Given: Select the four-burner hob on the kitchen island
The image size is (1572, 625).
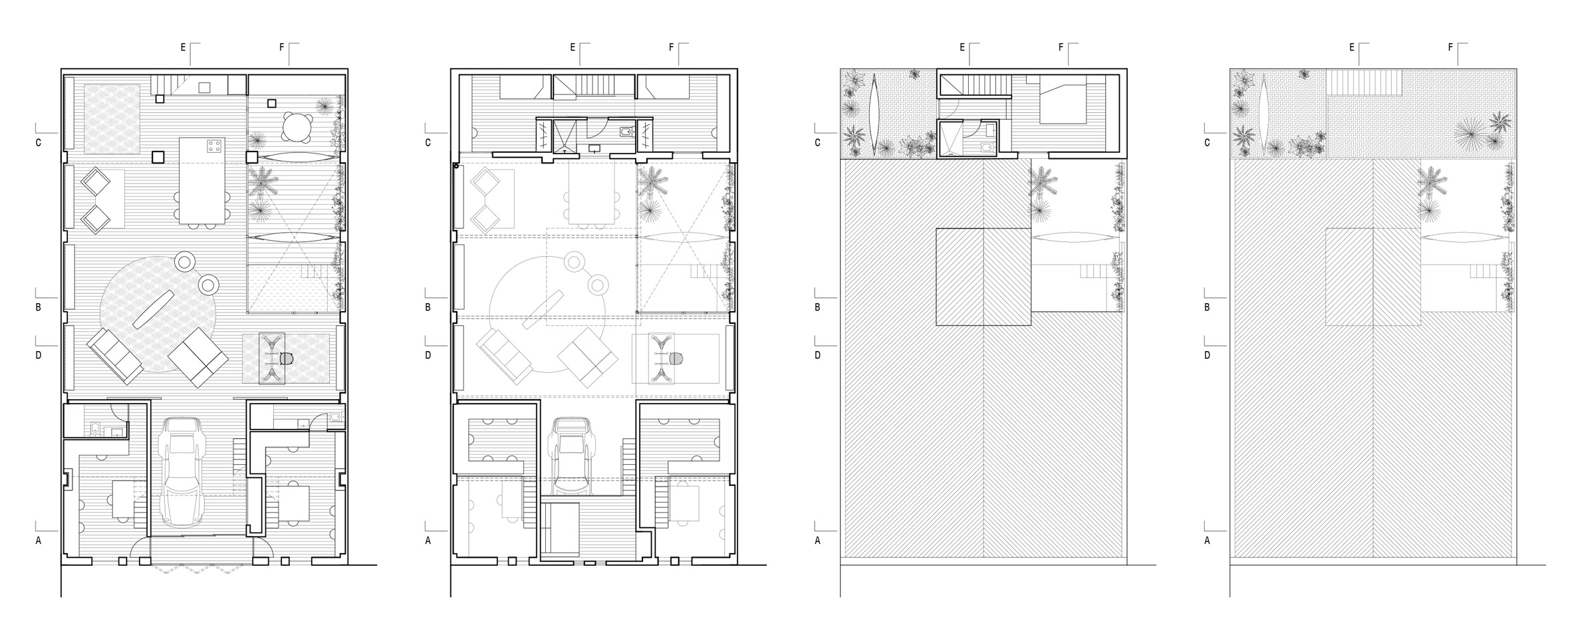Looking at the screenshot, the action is click(x=213, y=146).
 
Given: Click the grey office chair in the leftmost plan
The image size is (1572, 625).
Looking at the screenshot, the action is click(x=287, y=358).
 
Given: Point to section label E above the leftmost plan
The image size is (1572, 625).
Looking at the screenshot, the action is click(x=184, y=47).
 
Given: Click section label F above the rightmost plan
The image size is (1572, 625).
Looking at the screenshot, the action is click(x=1450, y=47).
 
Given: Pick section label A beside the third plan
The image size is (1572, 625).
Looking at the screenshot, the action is click(x=817, y=541).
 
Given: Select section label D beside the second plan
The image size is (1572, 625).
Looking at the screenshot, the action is click(x=428, y=355).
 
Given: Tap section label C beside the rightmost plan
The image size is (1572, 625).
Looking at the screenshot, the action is click(x=1207, y=142).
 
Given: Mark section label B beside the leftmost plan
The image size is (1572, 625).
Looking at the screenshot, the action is click(x=39, y=307).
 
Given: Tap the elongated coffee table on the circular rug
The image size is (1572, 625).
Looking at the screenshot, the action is click(x=154, y=309).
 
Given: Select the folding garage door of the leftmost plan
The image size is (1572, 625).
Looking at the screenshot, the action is click(x=201, y=569).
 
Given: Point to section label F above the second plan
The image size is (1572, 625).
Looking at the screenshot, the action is click(x=671, y=47).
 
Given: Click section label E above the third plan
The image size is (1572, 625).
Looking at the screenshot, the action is click(x=962, y=47).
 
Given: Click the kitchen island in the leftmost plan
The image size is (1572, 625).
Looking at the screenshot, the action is click(x=202, y=181).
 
